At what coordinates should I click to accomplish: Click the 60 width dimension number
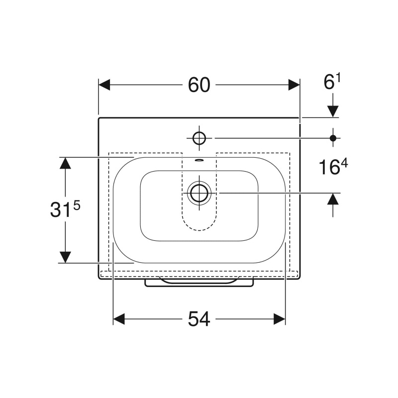pos(199,85)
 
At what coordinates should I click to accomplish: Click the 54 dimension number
pos(199,319)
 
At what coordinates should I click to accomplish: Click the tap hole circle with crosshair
pos(199,138)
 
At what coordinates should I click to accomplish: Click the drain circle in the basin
pos(199,193)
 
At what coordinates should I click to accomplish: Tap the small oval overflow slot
pos(199,160)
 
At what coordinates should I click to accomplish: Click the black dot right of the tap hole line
pos(333,138)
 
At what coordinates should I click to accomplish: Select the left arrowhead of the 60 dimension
pos(104,85)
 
